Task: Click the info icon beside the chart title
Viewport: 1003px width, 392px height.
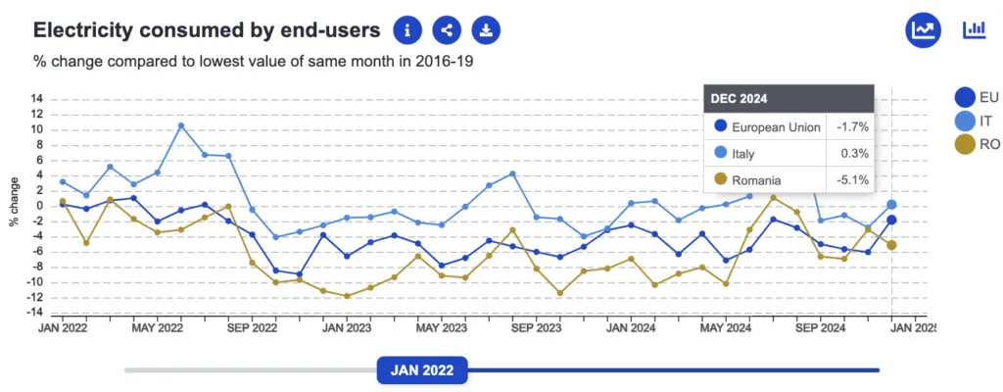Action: click(x=407, y=30)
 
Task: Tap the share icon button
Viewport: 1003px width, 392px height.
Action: click(x=447, y=30)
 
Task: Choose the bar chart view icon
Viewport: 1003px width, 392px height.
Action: click(x=974, y=29)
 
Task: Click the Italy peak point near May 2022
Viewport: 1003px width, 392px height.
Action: click(x=181, y=125)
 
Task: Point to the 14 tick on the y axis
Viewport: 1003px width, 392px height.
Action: click(x=37, y=99)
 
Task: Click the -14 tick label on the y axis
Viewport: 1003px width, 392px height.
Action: click(x=35, y=313)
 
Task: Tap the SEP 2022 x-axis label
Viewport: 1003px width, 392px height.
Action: click(x=252, y=328)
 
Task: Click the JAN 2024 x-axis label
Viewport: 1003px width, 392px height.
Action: click(x=631, y=328)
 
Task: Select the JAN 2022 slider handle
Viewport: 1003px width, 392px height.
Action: click(x=422, y=369)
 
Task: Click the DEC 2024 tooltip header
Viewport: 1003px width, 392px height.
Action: click(x=788, y=98)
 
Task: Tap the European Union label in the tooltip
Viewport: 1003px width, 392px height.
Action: click(x=776, y=126)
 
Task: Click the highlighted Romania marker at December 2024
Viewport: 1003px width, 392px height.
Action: click(x=892, y=245)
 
